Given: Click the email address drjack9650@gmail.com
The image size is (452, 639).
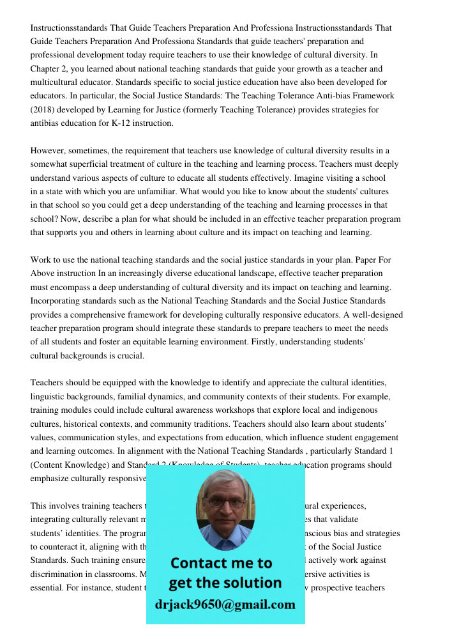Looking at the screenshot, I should click(225, 604).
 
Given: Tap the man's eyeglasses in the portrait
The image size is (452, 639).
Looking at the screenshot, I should click(225, 502).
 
